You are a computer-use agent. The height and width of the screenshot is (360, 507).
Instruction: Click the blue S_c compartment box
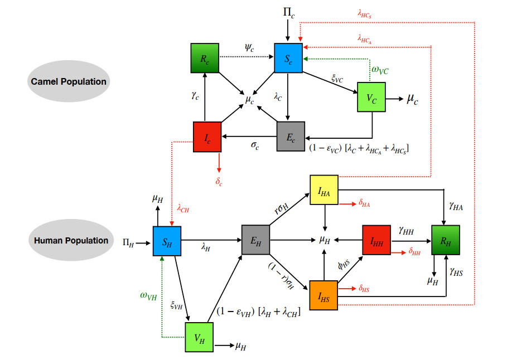tap(288, 57)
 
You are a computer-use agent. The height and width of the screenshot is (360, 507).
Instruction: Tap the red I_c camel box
tap(207, 137)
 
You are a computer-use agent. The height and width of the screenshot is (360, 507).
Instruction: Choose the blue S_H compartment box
tap(167, 241)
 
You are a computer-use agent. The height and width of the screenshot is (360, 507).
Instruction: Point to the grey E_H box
tap(255, 240)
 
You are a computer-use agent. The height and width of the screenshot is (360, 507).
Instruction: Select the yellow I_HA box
tap(324, 189)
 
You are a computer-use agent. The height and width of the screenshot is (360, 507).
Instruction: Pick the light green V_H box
tap(199, 337)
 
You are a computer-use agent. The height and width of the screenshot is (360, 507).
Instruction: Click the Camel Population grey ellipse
tap(69, 81)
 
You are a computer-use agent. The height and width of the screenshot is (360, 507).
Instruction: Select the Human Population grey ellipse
tap(70, 241)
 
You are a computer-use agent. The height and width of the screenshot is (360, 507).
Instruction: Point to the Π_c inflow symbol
tap(288, 11)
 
